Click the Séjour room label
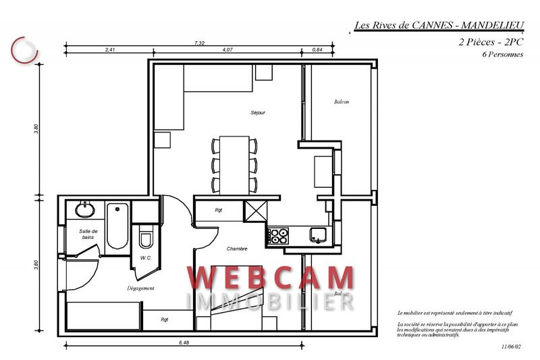pos(257,112)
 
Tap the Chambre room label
pos(237,249)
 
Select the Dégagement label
pos(141,288)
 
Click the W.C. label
pos(144,257)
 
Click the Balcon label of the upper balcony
pos(342,102)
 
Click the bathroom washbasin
pos(86,210)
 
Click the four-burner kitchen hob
pos(279,236)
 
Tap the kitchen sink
pos(318,235)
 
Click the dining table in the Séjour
pos(235,163)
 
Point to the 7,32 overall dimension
pos(199,43)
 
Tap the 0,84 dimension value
pos(317,50)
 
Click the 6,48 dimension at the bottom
pos(184,343)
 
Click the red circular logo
pos(24,49)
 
